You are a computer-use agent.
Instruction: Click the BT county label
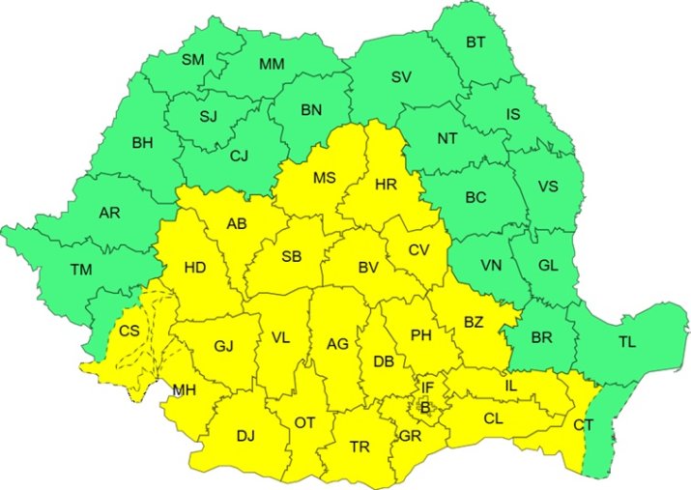coord(476,42)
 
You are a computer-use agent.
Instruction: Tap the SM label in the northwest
coord(193,60)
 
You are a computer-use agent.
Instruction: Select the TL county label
coord(627,341)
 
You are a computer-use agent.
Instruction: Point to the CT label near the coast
coord(583,424)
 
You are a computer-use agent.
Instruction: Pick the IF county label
coord(427,389)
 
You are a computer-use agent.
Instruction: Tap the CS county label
coord(129,331)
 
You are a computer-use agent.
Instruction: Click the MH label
coord(184,390)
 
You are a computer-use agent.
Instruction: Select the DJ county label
coord(246,436)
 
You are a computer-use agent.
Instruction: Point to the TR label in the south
coord(360,447)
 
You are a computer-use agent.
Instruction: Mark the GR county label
coord(410,436)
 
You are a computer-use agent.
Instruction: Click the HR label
coord(386,185)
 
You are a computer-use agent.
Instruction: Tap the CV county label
coord(417,249)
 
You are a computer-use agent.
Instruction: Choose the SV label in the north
coord(401,77)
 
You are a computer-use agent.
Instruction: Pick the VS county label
coord(547,187)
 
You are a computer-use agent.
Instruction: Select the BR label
coord(542,338)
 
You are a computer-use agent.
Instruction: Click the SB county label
coord(291,257)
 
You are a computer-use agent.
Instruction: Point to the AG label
coord(337,343)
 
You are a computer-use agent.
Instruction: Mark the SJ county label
coord(208,118)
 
